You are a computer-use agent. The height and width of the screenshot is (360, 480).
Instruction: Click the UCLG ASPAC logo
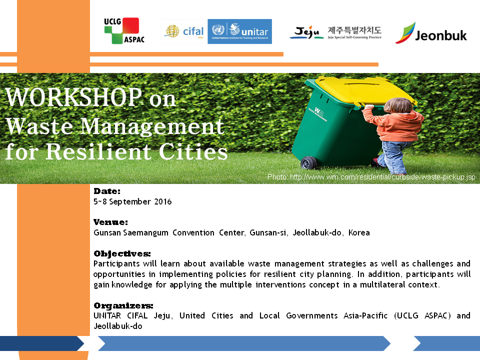(124, 30)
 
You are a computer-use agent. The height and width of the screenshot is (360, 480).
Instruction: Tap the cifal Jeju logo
(184, 31)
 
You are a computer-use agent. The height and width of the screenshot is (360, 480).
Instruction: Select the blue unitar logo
(239, 31)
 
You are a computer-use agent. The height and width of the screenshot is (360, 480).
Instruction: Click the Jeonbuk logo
(430, 33)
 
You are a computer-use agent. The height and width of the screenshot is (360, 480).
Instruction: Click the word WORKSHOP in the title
(73, 97)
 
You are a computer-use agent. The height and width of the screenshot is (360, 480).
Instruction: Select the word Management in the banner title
(152, 126)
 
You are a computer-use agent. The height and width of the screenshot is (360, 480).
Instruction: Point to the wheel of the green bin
(308, 163)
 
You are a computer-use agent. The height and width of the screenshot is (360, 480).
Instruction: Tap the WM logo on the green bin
(317, 114)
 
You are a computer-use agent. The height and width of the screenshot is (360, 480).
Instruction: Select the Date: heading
(107, 191)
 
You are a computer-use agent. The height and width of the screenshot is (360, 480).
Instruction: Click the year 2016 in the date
(163, 201)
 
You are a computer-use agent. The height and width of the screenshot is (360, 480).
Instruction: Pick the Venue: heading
(110, 222)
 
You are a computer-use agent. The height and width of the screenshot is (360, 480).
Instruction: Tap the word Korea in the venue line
(359, 232)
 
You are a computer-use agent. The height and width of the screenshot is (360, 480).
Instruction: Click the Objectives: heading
(122, 254)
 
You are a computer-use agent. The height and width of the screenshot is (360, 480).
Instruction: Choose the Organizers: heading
(123, 305)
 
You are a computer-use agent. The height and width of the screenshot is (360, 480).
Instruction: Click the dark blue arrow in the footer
(41, 343)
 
